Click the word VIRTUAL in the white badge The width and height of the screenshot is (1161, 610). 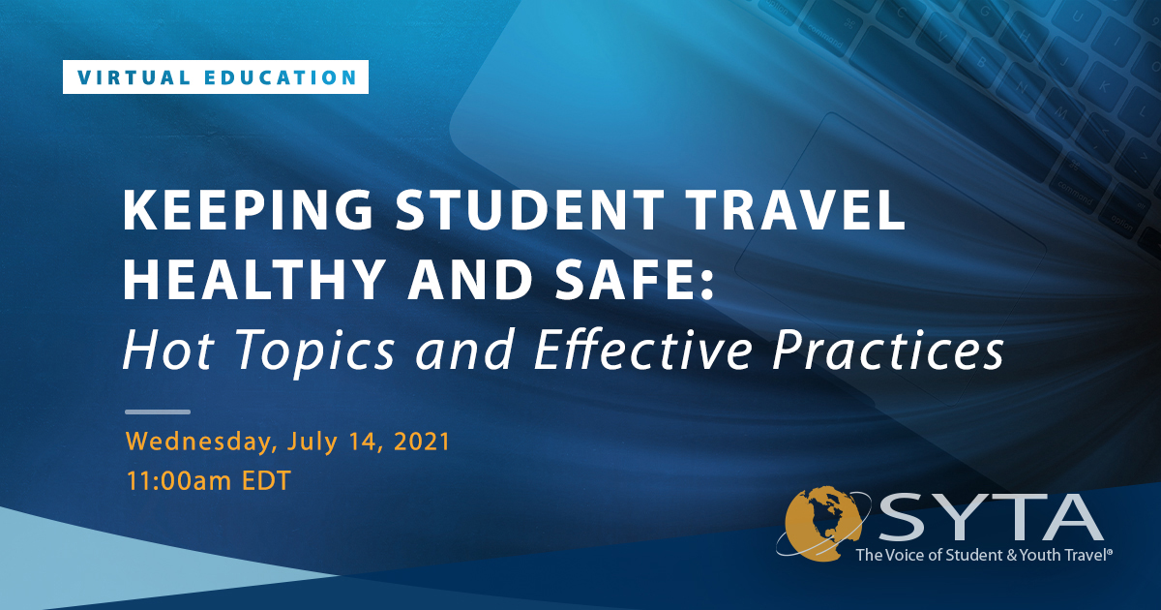(x=134, y=77)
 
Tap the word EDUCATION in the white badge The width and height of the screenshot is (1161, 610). (x=281, y=77)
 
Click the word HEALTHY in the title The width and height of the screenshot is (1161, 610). (x=253, y=279)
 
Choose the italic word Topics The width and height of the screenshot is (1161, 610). (x=315, y=351)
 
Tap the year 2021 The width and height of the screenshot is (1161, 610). (x=422, y=442)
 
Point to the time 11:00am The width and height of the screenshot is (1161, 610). (x=179, y=481)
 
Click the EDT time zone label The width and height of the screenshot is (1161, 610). (x=266, y=481)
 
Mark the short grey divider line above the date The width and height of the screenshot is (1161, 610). (x=158, y=412)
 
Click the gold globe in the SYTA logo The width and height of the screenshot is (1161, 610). (x=822, y=524)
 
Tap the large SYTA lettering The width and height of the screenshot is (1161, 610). (x=991, y=517)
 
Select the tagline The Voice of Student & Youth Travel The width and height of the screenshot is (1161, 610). (x=984, y=555)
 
